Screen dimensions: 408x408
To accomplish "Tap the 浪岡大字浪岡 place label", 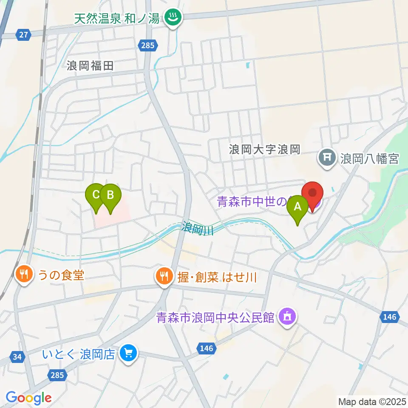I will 265,150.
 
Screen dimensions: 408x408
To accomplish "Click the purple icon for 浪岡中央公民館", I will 287,317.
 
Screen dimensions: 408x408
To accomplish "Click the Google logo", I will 28,398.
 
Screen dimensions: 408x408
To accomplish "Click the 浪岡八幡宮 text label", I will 369,159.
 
